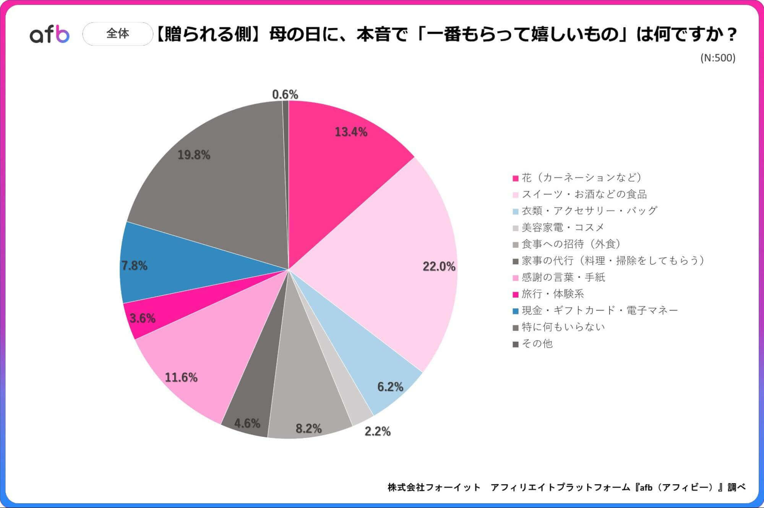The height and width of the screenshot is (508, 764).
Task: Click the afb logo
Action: coord(50,34)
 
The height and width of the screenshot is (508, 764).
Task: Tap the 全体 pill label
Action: coord(118,34)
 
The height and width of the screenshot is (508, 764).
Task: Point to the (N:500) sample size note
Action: coord(718,58)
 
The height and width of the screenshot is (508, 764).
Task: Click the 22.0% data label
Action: coord(439,267)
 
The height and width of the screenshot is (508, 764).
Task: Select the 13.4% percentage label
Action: coord(351,132)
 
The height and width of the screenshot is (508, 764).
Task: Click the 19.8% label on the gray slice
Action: coord(194,155)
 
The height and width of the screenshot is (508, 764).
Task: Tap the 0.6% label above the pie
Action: coord(285,94)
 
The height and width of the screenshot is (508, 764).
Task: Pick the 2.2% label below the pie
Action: coord(377,431)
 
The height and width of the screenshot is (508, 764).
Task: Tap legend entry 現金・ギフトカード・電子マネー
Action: coord(600,311)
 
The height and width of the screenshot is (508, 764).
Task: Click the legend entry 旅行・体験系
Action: coord(553,294)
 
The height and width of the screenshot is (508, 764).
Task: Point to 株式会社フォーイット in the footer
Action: coord(434,487)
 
